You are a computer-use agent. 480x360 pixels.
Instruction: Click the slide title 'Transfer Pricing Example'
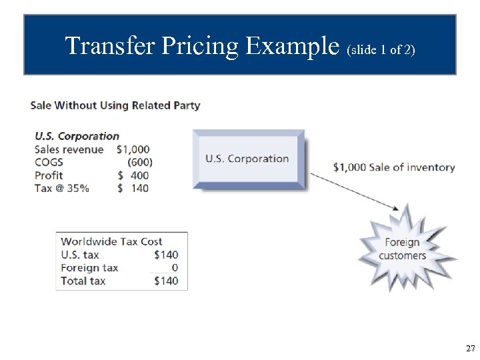tap(203, 46)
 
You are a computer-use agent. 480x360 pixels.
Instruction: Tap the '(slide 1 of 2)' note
tap(382, 49)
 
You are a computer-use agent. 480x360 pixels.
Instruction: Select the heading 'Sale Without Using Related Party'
tap(115, 105)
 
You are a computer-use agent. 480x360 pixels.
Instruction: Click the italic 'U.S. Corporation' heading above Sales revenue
tap(77, 136)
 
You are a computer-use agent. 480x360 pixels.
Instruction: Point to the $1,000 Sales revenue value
tap(133, 149)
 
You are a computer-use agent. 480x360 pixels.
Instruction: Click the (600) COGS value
tap(139, 162)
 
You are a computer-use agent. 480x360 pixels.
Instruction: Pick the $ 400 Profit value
tap(133, 175)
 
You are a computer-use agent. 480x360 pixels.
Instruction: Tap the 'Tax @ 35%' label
tap(62, 188)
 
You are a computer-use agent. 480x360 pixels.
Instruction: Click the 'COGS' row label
tap(49, 162)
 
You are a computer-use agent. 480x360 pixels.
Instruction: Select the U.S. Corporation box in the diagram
tap(247, 159)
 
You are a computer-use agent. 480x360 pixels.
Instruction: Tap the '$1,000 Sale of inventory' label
tap(393, 167)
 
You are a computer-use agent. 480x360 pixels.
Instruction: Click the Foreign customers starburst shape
tap(402, 249)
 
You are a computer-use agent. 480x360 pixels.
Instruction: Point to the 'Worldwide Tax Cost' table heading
tap(111, 241)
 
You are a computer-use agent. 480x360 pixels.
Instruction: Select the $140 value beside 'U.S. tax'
tap(166, 255)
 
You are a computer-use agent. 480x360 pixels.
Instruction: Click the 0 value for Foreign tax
tap(175, 268)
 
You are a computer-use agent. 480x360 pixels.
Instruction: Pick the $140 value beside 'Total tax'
tap(166, 281)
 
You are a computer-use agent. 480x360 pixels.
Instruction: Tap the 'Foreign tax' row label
tap(89, 268)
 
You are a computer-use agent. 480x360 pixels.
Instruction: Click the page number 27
tap(470, 348)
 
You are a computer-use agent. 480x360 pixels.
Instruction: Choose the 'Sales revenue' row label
tap(69, 149)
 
